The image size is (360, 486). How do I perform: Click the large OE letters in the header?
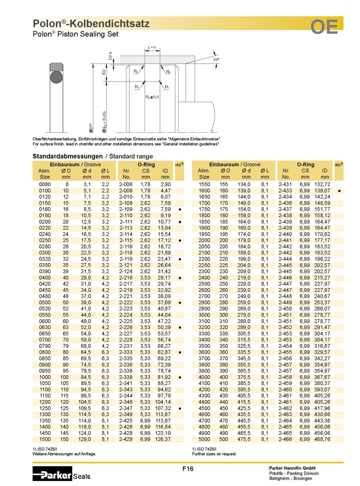coord(324,26)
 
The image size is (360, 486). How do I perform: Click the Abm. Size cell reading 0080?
coord(44,185)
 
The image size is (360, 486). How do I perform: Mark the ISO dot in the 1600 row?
coord(339,191)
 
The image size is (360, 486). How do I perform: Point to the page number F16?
coord(188,468)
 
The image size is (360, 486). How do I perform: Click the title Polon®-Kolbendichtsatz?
coord(91,24)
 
